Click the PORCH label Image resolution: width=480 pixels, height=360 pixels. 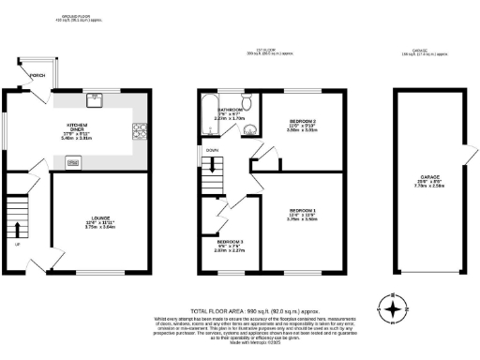pyautogui.click(x=37, y=75)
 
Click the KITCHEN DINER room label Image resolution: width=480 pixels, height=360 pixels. pyautogui.click(x=75, y=130)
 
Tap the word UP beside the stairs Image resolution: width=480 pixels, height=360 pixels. pyautogui.click(x=17, y=246)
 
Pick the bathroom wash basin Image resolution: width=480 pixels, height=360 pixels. pyautogui.click(x=247, y=130)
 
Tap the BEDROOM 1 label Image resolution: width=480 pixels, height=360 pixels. pyautogui.click(x=302, y=213)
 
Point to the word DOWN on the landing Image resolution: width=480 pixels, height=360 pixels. pyautogui.click(x=214, y=149)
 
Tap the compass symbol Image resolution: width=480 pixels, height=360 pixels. pyautogui.click(x=393, y=307)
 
